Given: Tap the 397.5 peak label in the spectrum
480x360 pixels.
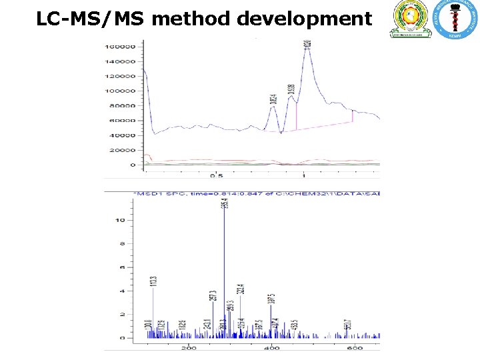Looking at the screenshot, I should [x=271, y=300].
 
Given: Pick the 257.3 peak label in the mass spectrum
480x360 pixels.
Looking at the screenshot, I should [x=213, y=296].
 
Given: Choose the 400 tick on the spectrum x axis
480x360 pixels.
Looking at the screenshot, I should [x=272, y=348].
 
